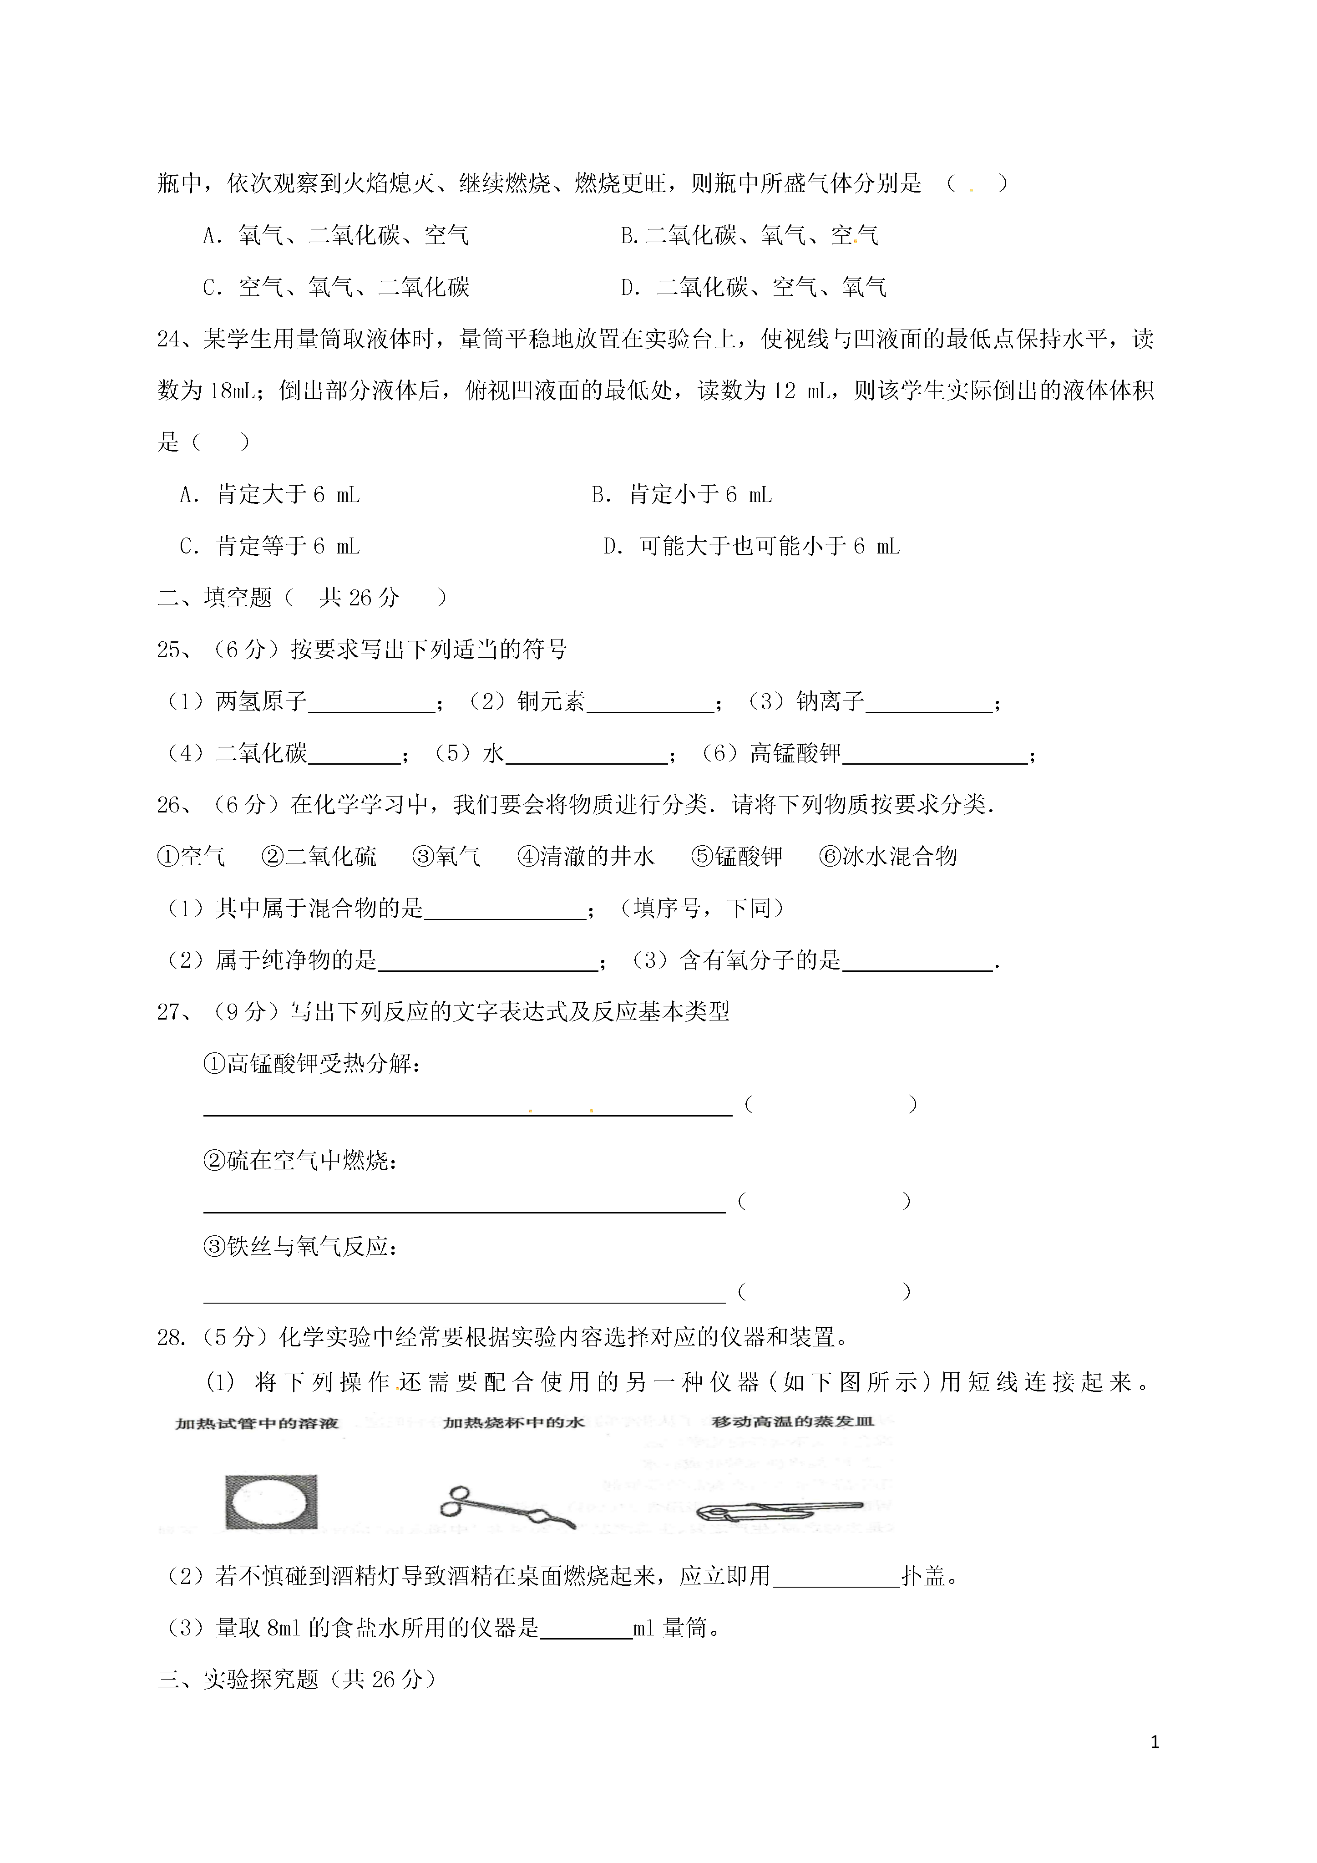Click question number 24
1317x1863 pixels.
pyautogui.click(x=172, y=339)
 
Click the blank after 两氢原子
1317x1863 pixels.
pyautogui.click(x=372, y=703)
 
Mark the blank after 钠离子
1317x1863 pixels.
pyautogui.click(x=929, y=703)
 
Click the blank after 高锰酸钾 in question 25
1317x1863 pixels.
pyautogui.click(x=935, y=755)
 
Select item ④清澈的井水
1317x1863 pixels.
pyautogui.click(x=586, y=857)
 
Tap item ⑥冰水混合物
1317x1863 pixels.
pyautogui.click(x=889, y=857)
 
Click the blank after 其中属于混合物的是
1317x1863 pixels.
pyautogui.click(x=505, y=909)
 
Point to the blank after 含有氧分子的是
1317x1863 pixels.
pyautogui.click(x=918, y=961)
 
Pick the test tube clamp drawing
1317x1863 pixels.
pyautogui.click(x=777, y=1510)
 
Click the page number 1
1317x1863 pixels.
pyautogui.click(x=1155, y=1742)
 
